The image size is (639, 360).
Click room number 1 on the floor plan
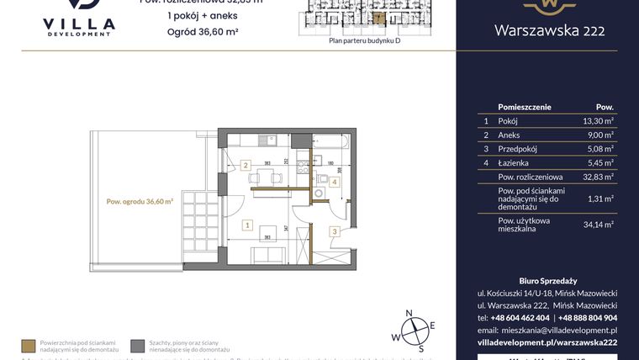tap(246, 225)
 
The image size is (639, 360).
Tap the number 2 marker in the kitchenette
tap(246, 165)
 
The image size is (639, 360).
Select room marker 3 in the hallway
tap(334, 232)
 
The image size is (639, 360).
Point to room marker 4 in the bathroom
tap(334, 181)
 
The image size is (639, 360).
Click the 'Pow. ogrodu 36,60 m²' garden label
tap(140, 201)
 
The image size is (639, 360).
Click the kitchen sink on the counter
tap(264, 140)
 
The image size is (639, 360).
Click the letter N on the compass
tap(409, 314)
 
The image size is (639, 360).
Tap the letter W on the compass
tap(393, 337)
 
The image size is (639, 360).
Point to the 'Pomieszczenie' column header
tap(525, 107)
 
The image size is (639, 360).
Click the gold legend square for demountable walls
tap(29, 346)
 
